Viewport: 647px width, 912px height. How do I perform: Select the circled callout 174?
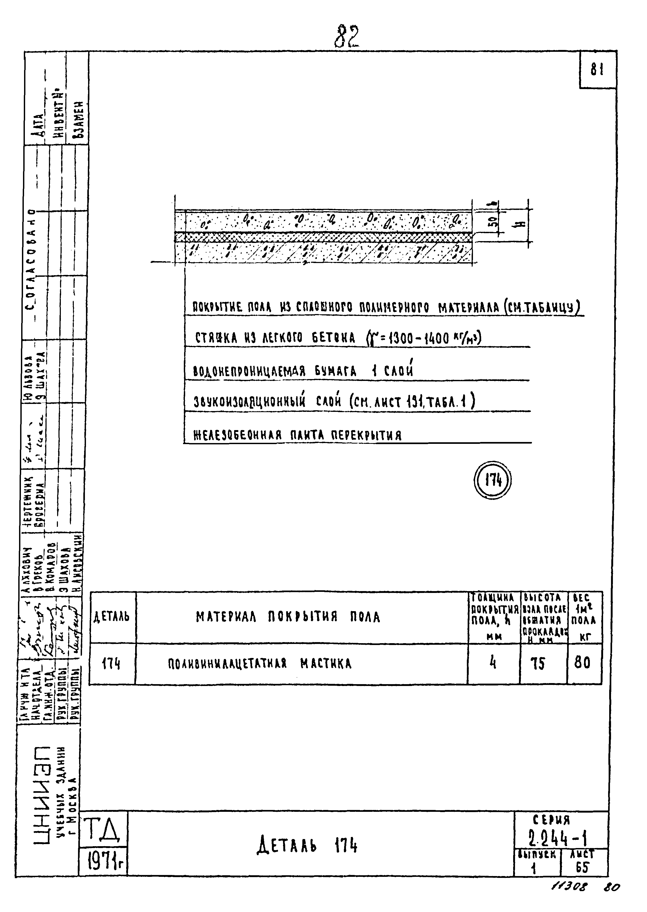493,481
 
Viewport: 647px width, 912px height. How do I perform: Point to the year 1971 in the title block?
101,862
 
